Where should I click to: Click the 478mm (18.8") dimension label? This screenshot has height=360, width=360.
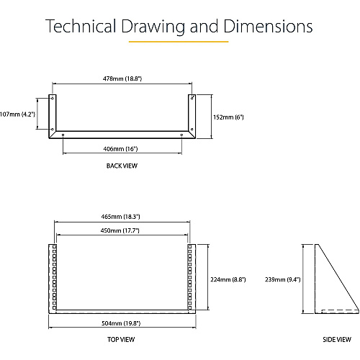click(x=122, y=78)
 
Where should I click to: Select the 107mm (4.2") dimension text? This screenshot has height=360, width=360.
click(x=17, y=114)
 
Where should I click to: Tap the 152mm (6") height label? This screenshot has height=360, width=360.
click(x=228, y=117)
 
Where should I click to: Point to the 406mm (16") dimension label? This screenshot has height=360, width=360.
click(x=120, y=149)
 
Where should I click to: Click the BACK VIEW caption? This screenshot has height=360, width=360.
click(x=122, y=166)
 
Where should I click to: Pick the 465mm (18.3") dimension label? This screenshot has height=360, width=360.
click(x=120, y=217)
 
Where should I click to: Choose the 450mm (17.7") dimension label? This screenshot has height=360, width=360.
click(x=120, y=230)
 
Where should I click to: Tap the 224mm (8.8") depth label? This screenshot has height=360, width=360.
click(x=228, y=279)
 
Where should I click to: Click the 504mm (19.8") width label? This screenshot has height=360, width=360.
click(x=121, y=323)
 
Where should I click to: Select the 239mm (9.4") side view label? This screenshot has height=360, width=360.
click(x=283, y=279)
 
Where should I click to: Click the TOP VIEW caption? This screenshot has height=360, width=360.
click(x=121, y=340)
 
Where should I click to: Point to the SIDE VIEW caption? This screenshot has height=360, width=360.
click(x=337, y=340)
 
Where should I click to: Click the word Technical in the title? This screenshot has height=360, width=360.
click(x=81, y=26)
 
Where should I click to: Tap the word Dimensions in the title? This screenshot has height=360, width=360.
click(x=268, y=26)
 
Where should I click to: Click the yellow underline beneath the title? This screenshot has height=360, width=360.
click(x=179, y=42)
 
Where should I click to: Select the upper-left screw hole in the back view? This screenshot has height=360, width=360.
click(x=53, y=98)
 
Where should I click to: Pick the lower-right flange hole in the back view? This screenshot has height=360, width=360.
click(x=192, y=130)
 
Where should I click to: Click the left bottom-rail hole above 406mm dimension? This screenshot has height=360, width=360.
click(x=63, y=135)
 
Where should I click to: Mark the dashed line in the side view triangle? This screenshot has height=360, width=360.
click(x=340, y=310)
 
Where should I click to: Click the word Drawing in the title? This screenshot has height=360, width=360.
click(x=153, y=26)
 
